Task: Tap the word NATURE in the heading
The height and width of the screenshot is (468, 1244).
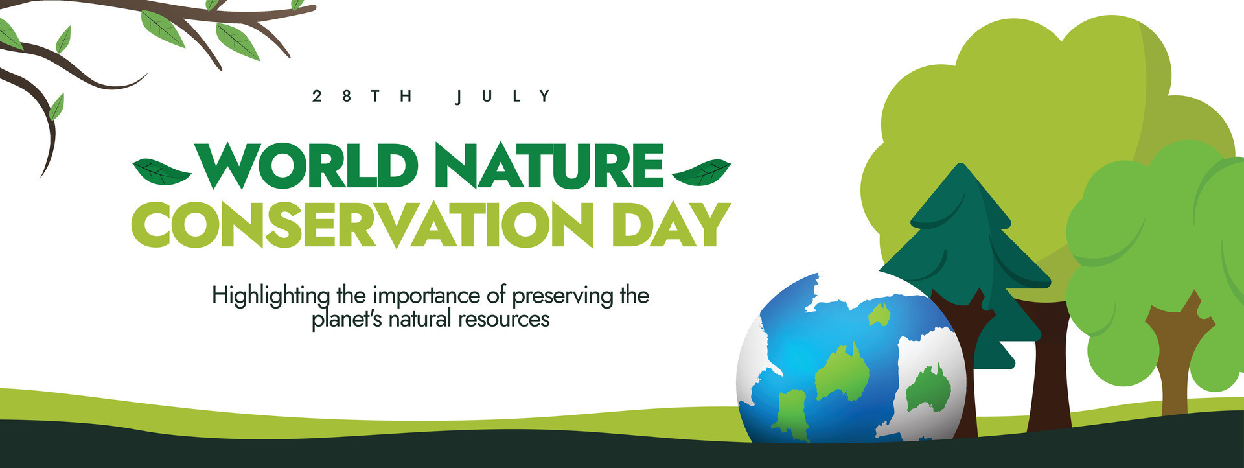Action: click(x=549, y=165)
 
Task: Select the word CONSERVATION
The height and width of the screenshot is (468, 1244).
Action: click(x=363, y=225)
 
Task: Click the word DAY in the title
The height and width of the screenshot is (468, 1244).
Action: click(x=671, y=225)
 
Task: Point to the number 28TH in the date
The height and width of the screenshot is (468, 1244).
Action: click(x=362, y=97)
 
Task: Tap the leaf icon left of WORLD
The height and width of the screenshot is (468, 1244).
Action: click(x=161, y=172)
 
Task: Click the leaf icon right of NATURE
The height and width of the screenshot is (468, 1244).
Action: click(x=702, y=172)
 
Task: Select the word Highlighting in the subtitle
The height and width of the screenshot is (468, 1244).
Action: click(x=271, y=296)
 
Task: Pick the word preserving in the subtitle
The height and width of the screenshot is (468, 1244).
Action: click(x=562, y=296)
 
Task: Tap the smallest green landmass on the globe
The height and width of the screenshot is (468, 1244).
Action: click(x=879, y=315)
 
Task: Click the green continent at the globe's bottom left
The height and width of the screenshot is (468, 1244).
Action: click(x=789, y=412)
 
